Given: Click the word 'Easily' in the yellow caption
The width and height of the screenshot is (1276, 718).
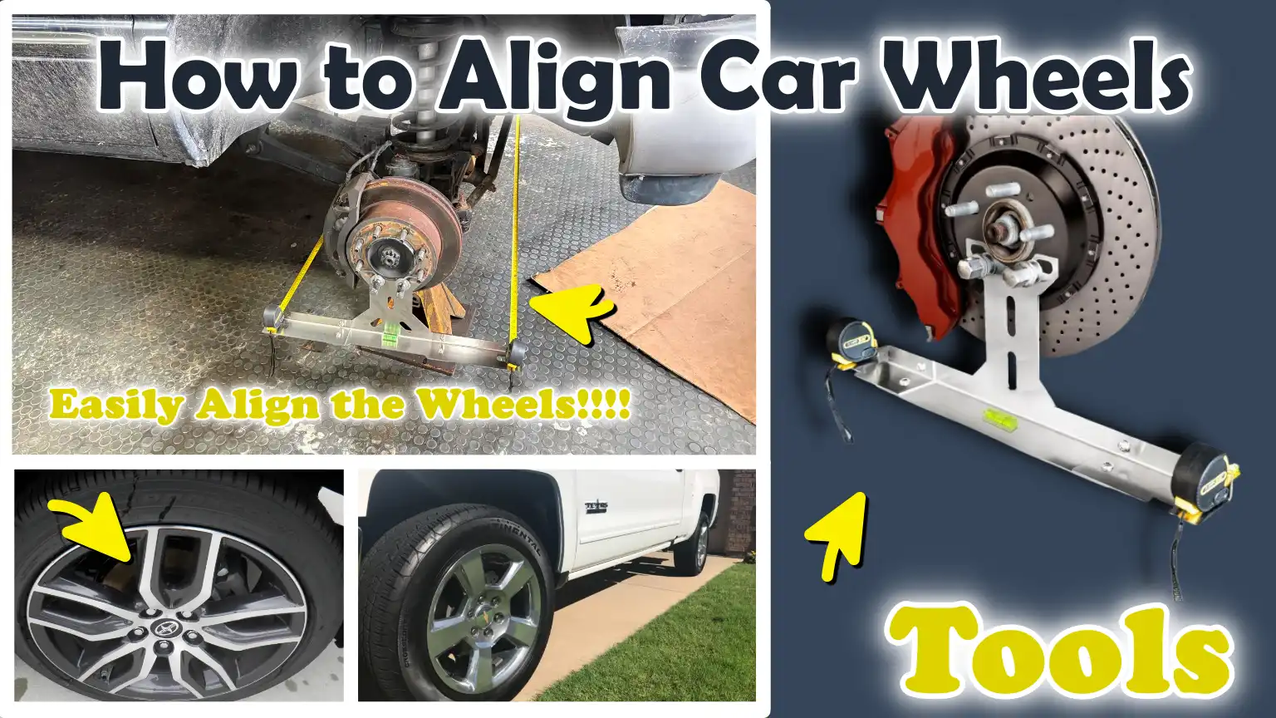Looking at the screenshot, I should click(x=116, y=406).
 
